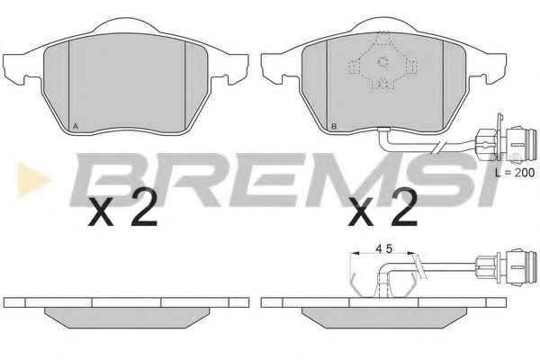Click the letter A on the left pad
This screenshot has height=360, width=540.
(76, 126)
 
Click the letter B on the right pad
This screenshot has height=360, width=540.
(333, 126)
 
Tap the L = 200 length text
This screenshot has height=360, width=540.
(515, 172)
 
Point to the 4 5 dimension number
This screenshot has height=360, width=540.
(384, 248)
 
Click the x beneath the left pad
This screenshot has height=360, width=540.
(100, 213)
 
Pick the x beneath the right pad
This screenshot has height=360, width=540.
(361, 213)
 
